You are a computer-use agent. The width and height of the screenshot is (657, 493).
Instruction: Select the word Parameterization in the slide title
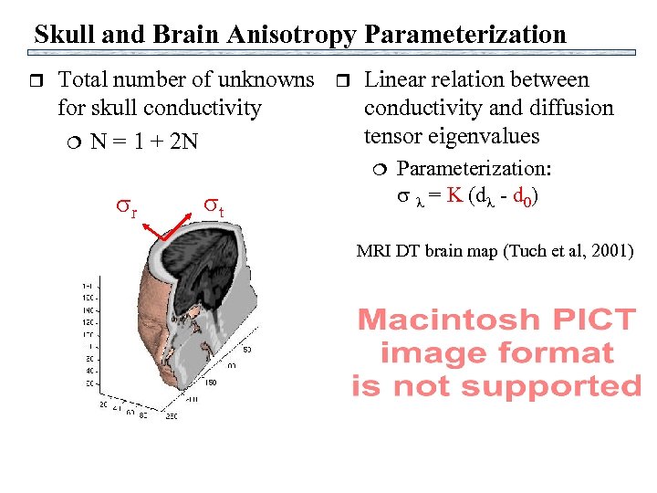click(x=465, y=35)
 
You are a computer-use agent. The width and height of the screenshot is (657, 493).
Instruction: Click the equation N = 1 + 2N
click(x=144, y=143)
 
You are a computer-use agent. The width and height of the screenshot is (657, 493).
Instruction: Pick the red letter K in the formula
click(x=454, y=196)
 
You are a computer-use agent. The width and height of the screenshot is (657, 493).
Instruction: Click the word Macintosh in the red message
click(x=448, y=320)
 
